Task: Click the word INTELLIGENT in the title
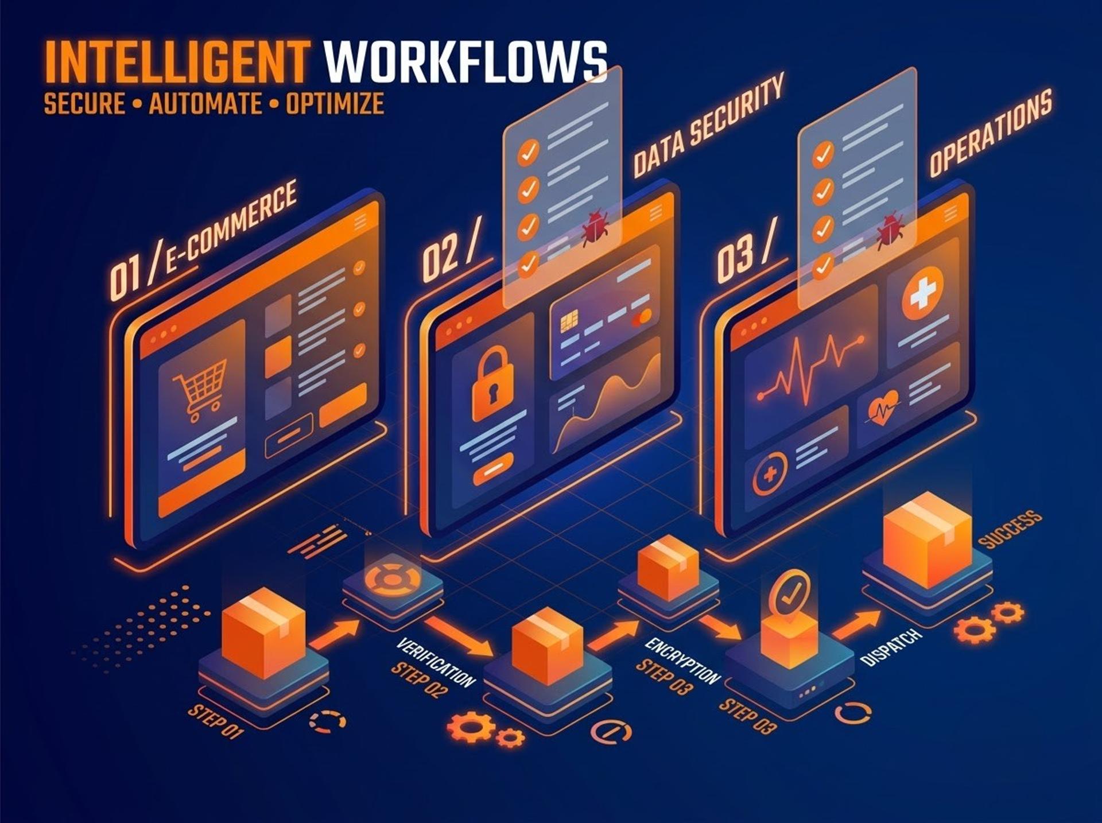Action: click(x=177, y=62)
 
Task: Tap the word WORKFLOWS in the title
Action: click(x=465, y=62)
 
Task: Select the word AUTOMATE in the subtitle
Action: click(x=205, y=104)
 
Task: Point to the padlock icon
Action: click(x=492, y=383)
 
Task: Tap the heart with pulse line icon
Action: click(x=884, y=408)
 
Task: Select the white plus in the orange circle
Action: click(x=922, y=293)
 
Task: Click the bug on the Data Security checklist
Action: click(x=595, y=228)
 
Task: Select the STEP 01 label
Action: click(x=216, y=721)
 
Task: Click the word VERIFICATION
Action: click(x=436, y=662)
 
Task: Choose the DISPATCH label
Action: click(x=891, y=646)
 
